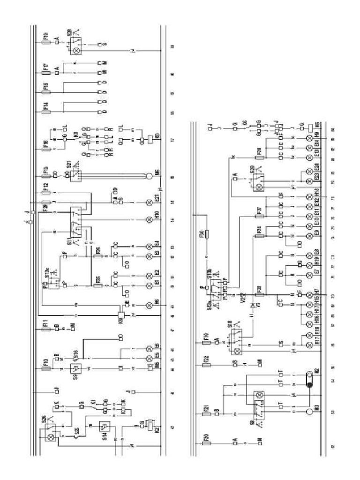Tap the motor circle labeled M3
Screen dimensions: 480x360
point(309,412)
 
